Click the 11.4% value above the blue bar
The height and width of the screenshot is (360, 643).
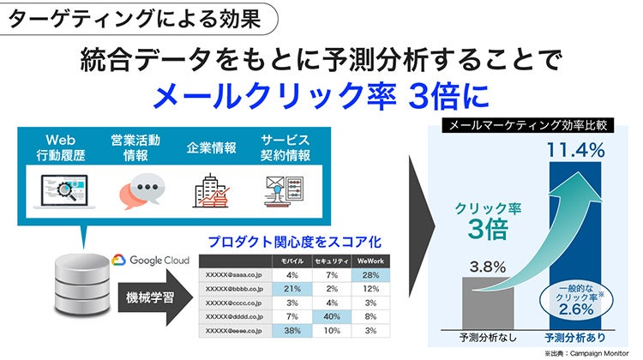[576, 150]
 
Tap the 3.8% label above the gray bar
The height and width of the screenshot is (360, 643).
[488, 267]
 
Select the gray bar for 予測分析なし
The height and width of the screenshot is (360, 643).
[488, 303]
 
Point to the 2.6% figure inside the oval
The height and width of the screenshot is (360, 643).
[576, 309]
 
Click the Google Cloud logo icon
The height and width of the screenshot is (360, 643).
[118, 260]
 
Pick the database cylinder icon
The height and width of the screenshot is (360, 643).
[82, 284]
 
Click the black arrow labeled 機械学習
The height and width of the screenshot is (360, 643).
[155, 297]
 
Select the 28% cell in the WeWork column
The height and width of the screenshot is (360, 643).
[370, 275]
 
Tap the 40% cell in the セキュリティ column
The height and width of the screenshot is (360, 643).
[331, 316]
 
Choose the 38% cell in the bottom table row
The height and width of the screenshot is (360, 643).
[292, 331]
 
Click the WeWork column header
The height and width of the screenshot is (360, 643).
[370, 261]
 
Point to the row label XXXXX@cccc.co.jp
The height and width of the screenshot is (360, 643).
[234, 303]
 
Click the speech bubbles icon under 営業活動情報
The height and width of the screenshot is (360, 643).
[141, 190]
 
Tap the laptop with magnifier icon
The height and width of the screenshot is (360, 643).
[65, 191]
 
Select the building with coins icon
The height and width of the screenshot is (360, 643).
[211, 190]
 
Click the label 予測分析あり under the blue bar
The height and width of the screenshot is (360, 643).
[575, 338]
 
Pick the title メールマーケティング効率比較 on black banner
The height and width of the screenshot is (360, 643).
[528, 125]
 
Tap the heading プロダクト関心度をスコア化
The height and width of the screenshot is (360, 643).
[294, 242]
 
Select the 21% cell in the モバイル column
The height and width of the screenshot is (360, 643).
[292, 289]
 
